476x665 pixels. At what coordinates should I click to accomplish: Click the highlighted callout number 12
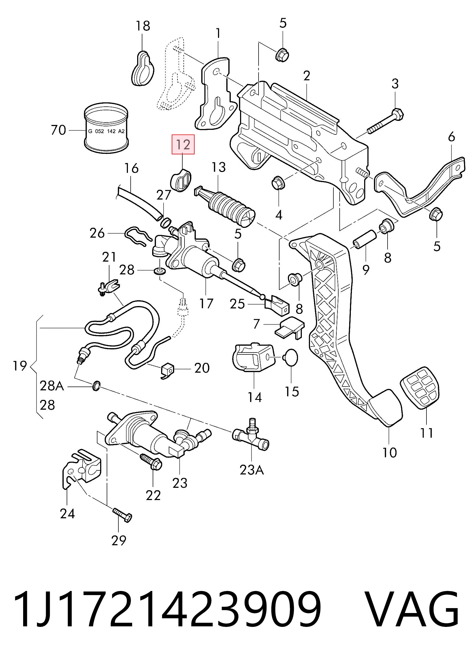click(183, 145)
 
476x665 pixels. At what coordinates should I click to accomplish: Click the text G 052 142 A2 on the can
click(106, 131)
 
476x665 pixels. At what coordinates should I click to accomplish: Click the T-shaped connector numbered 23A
click(251, 439)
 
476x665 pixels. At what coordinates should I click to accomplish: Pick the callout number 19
click(20, 366)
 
